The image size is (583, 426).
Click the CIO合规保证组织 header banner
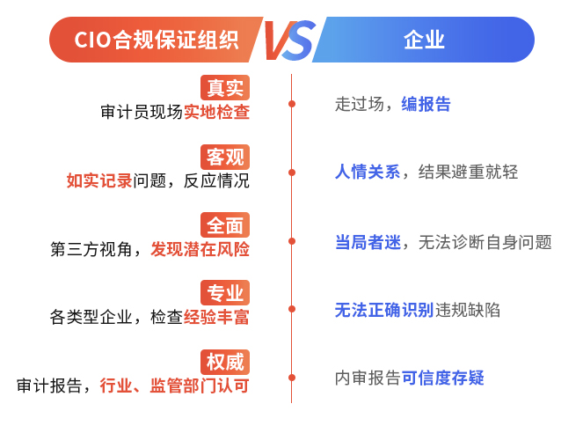[149, 40]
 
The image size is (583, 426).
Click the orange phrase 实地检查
[216, 112]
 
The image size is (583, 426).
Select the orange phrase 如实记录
[99, 180]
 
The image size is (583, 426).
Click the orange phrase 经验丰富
[216, 317]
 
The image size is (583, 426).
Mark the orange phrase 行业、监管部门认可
[174, 386]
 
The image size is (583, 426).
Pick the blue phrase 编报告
[426, 104]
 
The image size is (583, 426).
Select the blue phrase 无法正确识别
[384, 309]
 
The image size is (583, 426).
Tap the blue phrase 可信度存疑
[443, 378]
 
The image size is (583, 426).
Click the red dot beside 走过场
[292, 104]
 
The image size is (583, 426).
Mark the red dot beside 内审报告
[292, 378]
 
